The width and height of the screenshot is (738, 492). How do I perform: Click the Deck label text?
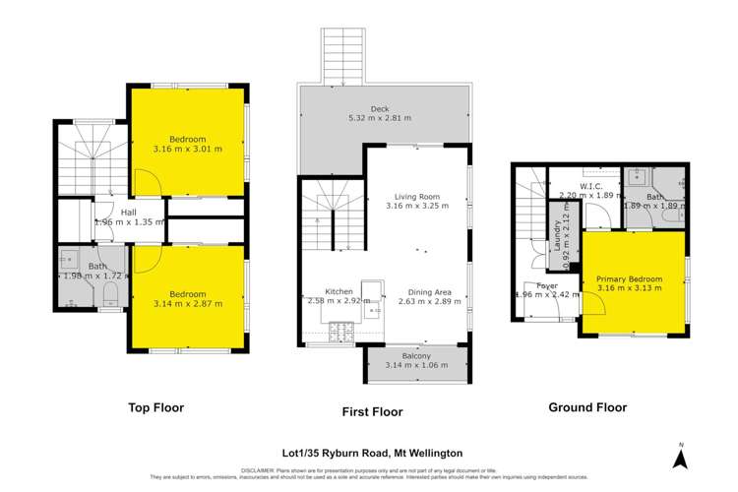coord(380,108)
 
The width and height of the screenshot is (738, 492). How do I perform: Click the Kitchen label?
coord(338,292)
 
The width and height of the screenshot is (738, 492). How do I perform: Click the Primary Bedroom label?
coord(629,279)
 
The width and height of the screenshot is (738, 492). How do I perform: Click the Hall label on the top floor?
coord(129,212)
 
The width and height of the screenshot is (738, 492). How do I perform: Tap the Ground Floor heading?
coord(590,406)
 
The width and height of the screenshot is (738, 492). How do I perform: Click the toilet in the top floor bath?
coord(110,295)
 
